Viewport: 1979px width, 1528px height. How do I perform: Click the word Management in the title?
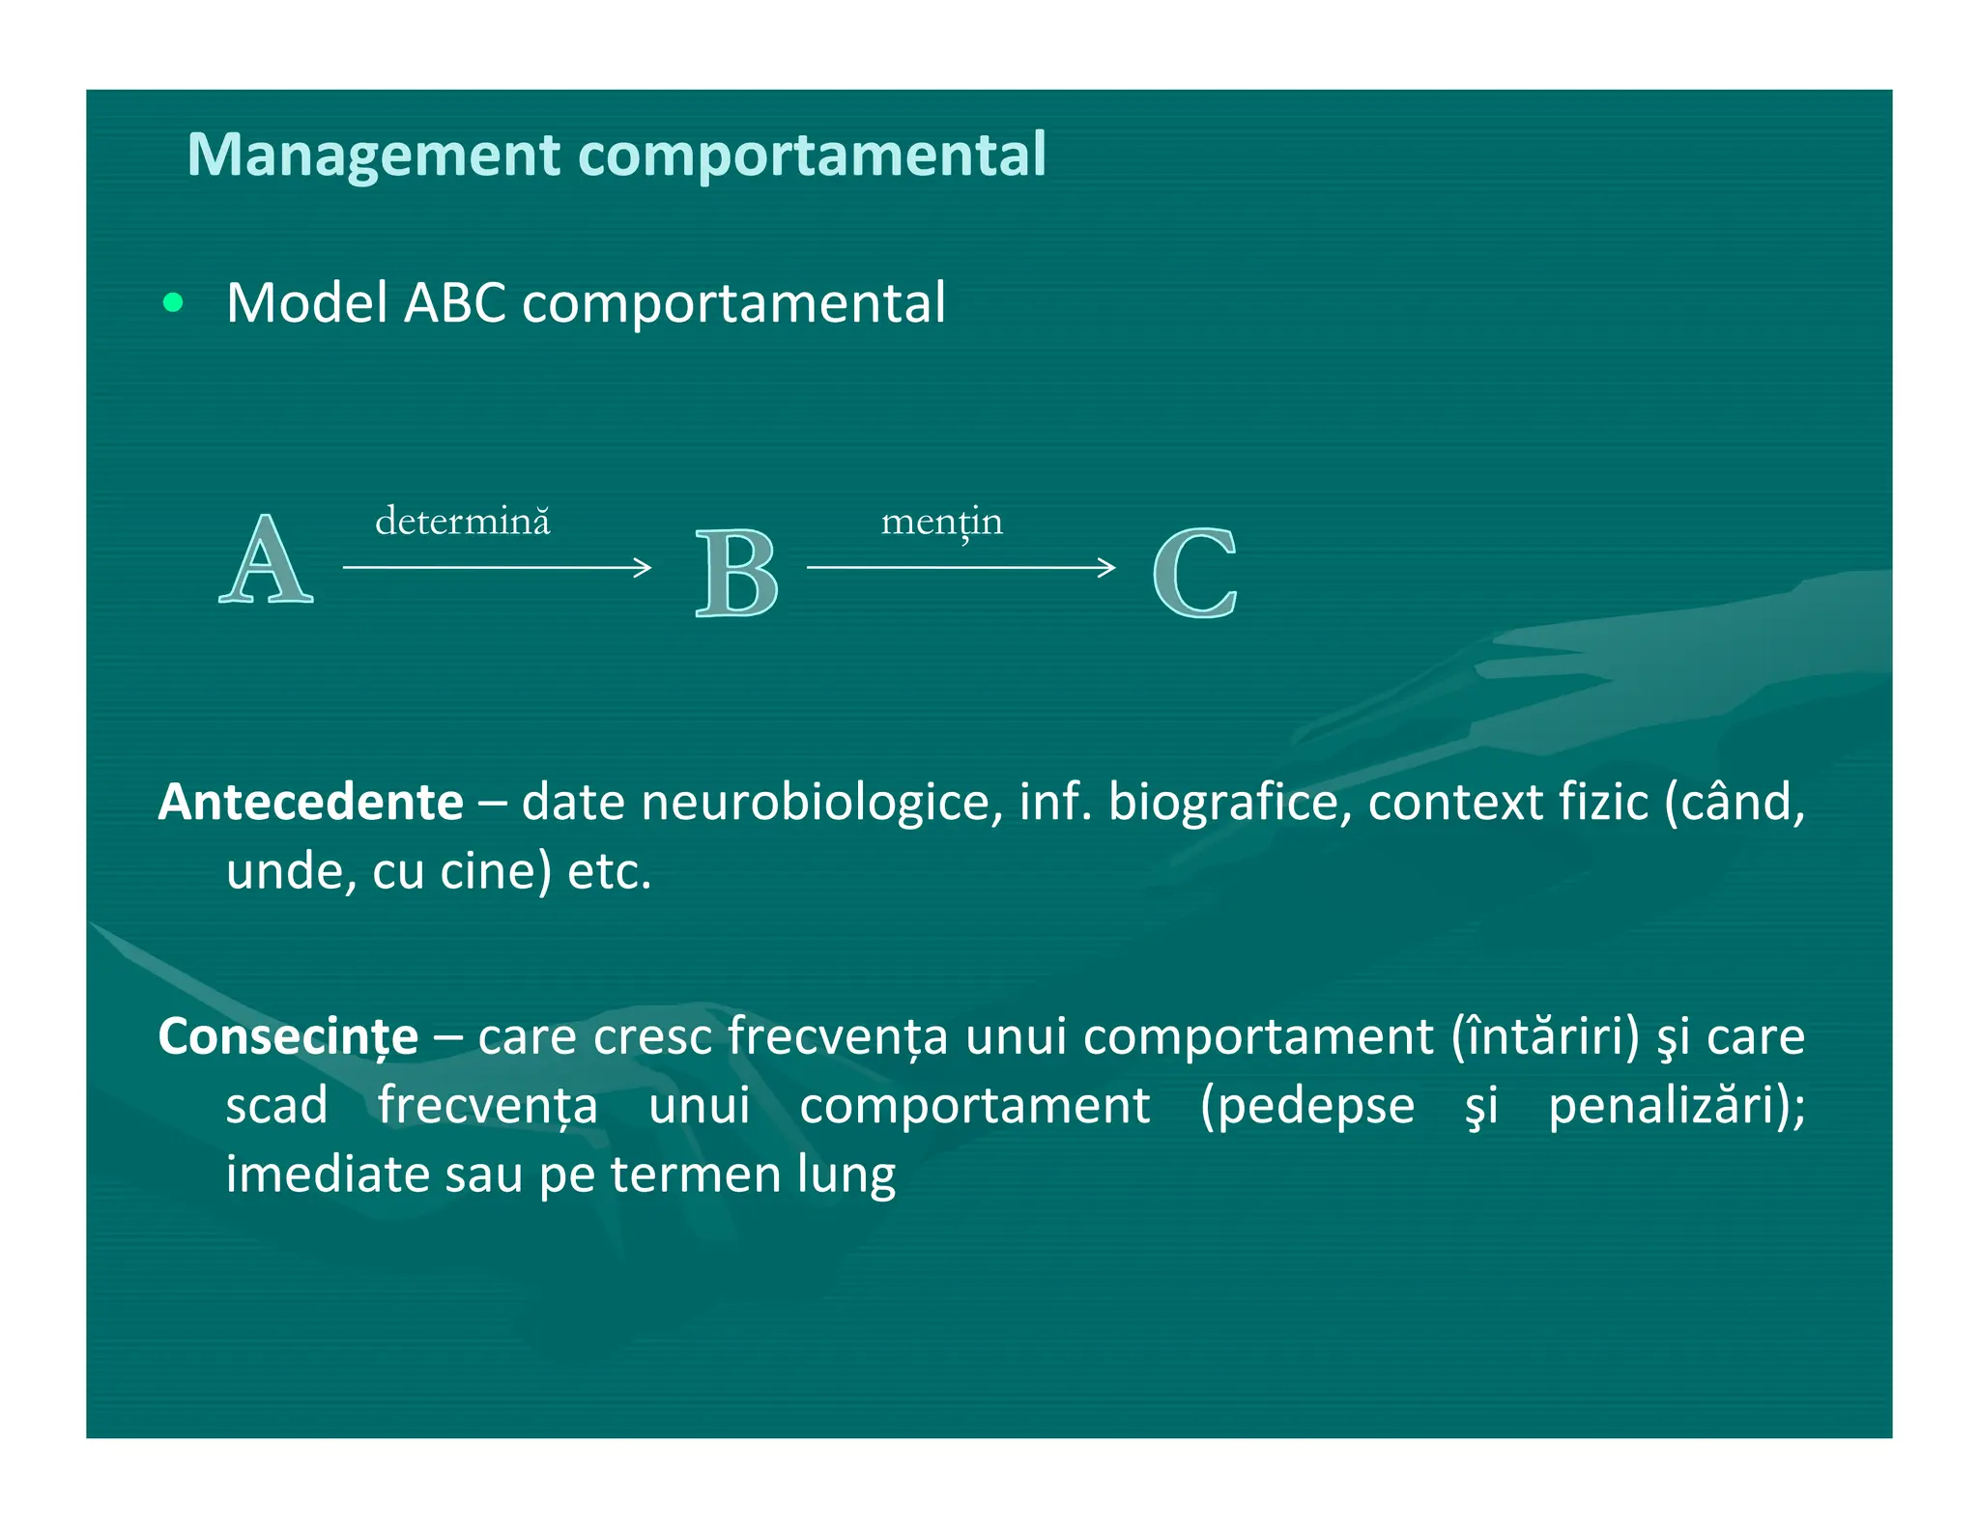(375, 155)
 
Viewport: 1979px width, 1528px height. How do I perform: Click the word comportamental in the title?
(812, 155)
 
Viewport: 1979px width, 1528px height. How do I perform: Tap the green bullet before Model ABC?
(173, 303)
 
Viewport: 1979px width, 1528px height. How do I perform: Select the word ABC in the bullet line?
(454, 303)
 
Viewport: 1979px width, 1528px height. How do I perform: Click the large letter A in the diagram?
(266, 560)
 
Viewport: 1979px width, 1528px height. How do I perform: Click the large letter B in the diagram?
(736, 573)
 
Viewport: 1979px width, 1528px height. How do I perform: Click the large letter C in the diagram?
(1195, 573)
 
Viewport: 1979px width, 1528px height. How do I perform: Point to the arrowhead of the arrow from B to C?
(1108, 567)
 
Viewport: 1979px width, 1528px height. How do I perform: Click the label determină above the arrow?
(462, 522)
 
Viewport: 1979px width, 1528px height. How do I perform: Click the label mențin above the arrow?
(941, 523)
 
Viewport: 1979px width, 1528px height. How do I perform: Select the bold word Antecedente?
(311, 802)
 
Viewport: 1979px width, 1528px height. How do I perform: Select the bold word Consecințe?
(288, 1036)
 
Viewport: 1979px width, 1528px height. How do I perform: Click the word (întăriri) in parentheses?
(1545, 1036)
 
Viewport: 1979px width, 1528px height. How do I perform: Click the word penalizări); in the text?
(1676, 1106)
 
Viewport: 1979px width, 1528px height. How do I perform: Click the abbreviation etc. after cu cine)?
(609, 871)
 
